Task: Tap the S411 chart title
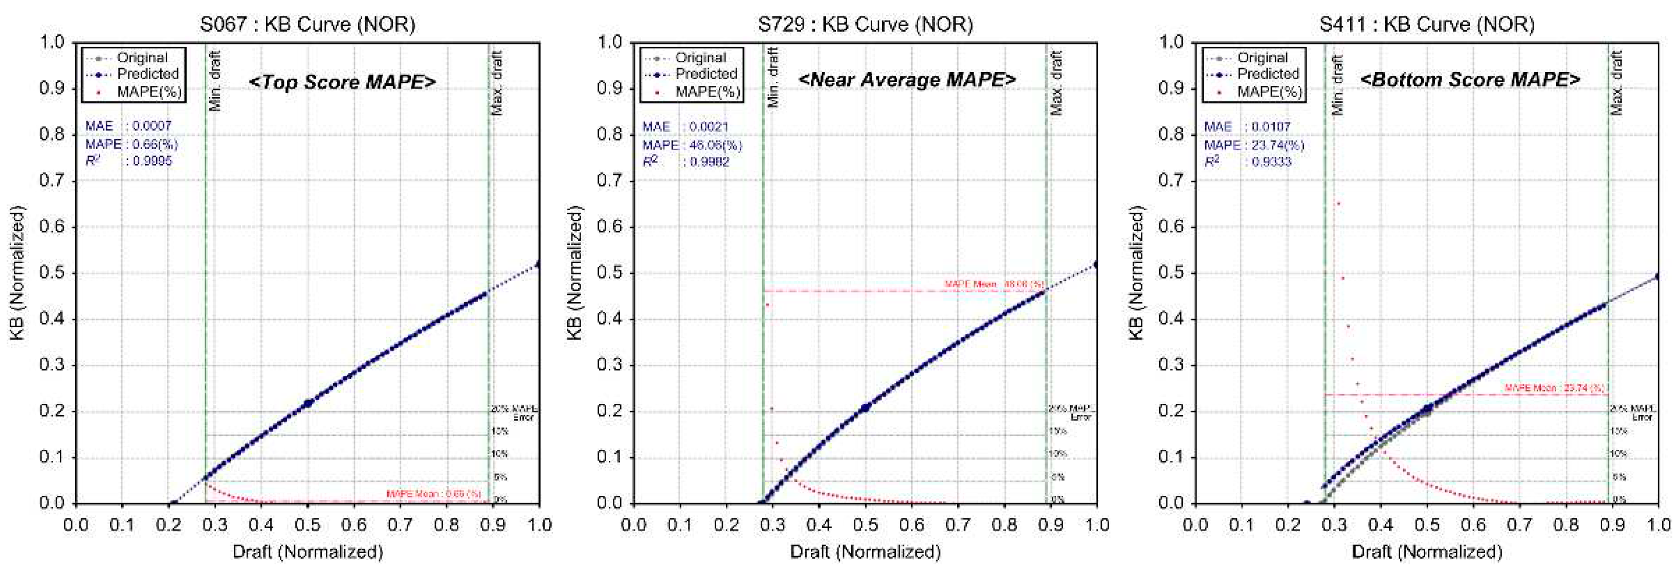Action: coord(1426,24)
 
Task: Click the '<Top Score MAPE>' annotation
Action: coord(342,82)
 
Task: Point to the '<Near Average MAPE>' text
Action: coord(907,80)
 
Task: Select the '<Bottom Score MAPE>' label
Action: coord(1470,80)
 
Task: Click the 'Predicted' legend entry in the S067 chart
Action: coord(147,74)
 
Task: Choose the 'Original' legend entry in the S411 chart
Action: coord(1262,57)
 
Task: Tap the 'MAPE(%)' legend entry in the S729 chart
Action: coord(708,92)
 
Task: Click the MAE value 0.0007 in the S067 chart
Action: coord(152,126)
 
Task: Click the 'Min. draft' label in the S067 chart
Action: coord(215,81)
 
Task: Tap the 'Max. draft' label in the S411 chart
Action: coord(1617,83)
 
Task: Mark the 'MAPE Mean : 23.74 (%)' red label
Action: coord(1554,388)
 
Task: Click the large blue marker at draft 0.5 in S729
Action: coord(866,407)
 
